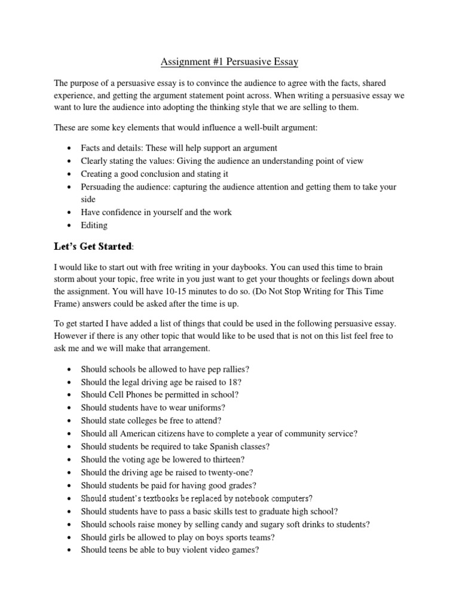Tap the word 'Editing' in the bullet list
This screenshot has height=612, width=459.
click(x=94, y=225)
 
